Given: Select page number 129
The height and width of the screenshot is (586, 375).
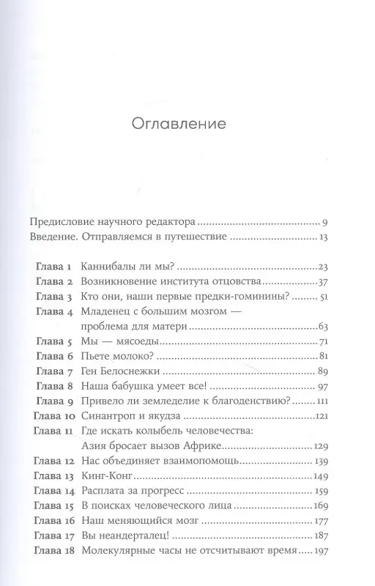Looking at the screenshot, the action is [x=326, y=445].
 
